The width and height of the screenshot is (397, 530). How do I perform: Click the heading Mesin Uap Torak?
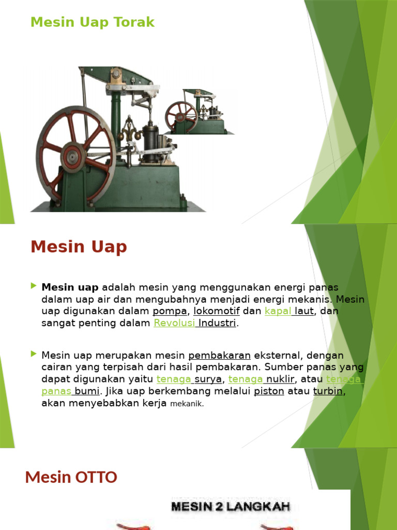93,22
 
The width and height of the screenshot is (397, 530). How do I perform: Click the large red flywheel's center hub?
72,155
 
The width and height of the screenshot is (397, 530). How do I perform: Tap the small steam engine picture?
199,112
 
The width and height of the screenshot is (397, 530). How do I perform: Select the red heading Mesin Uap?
79,247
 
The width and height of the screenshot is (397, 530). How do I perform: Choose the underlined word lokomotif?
217,312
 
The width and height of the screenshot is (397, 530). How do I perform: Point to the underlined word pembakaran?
220,356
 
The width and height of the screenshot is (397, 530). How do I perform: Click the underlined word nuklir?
280,379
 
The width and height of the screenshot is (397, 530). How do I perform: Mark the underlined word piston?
269,392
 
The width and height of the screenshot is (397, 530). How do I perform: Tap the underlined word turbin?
328,392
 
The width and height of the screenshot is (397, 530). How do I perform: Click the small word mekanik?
187,404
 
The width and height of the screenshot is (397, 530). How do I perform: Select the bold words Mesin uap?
70,287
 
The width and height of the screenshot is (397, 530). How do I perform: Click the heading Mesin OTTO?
71,477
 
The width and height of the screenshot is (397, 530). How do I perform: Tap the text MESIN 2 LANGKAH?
231,506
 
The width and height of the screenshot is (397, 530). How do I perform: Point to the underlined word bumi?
86,392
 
